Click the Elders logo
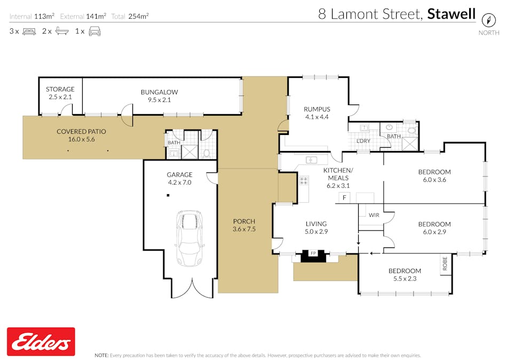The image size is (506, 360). (x=41, y=341)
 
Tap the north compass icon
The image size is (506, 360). (x=488, y=20)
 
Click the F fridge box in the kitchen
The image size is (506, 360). (x=345, y=198)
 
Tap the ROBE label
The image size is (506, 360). (x=445, y=263)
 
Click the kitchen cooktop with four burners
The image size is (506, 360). (x=304, y=181)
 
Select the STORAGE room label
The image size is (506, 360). (x=60, y=89)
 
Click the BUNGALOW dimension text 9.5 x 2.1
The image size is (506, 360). (x=159, y=100)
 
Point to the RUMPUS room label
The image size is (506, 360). (x=317, y=109)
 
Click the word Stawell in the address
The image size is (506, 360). (x=451, y=14)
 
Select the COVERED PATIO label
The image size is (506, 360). (x=81, y=131)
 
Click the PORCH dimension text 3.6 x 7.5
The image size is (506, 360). (x=244, y=229)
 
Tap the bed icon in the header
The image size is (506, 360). (x=29, y=31)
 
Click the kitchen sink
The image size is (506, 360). (x=310, y=160)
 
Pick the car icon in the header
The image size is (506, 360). (x=94, y=31)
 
